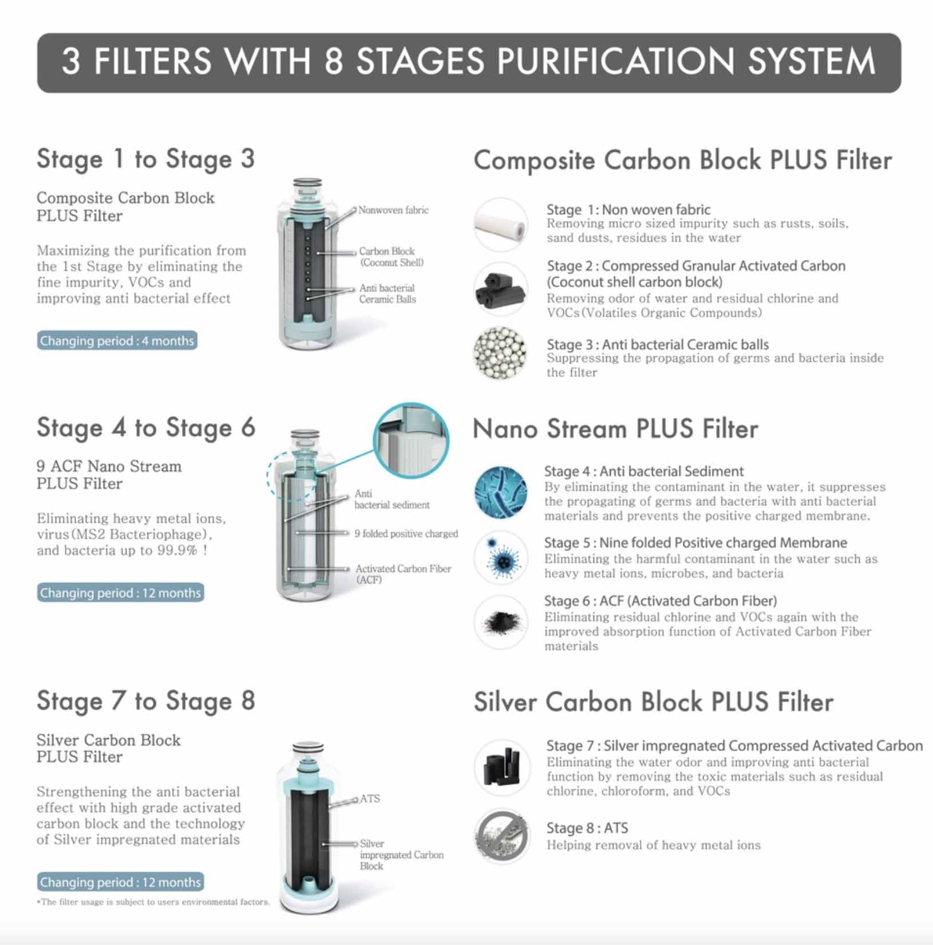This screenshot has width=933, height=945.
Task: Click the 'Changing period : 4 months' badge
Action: click(117, 341)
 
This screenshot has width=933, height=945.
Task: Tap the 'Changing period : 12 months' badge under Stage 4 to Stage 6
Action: click(120, 593)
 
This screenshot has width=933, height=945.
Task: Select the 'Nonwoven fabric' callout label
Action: click(393, 210)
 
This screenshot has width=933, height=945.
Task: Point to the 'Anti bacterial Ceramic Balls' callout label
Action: click(388, 294)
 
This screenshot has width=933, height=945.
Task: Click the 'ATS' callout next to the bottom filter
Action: click(370, 798)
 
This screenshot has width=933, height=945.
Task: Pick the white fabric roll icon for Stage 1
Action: click(500, 225)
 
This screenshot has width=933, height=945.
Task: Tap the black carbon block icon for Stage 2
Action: click(500, 289)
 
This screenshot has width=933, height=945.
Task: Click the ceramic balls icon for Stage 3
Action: click(500, 353)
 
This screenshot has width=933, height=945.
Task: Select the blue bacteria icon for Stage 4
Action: click(500, 492)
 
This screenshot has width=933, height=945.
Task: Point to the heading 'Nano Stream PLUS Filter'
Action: click(615, 429)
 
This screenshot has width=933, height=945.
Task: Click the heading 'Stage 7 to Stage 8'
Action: click(146, 701)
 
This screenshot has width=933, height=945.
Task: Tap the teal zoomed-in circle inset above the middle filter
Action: click(411, 440)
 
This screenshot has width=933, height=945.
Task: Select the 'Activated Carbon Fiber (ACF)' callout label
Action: click(403, 574)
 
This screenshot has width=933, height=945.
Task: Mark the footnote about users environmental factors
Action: click(153, 902)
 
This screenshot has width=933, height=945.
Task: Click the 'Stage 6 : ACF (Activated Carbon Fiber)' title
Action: click(660, 601)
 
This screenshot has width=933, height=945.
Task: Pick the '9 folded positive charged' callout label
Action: click(406, 534)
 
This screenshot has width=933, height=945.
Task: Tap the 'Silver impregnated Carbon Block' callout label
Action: click(401, 855)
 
